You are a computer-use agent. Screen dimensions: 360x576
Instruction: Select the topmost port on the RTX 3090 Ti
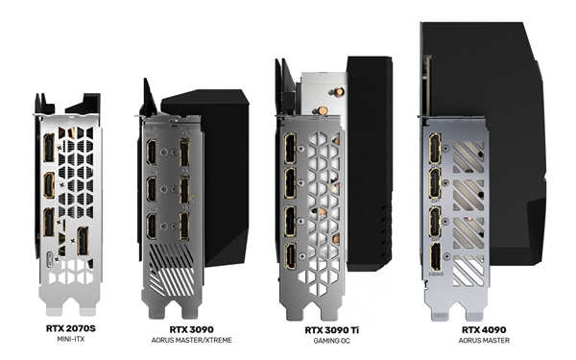[x=291, y=152]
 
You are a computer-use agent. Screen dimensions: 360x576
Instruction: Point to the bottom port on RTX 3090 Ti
[x=291, y=257]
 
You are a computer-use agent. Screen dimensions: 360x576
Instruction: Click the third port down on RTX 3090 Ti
[x=291, y=223]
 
